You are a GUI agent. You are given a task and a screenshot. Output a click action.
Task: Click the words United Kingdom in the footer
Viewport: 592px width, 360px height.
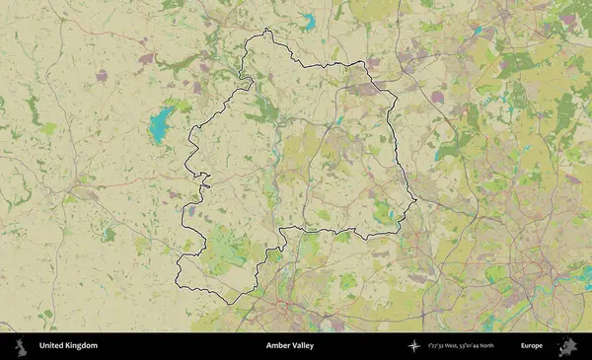[68, 346]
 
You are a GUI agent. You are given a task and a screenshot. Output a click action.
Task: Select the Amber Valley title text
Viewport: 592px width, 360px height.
[291, 346]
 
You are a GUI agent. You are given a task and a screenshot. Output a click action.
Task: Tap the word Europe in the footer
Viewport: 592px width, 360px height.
[532, 346]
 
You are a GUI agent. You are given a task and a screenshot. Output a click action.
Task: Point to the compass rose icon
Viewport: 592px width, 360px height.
[413, 346]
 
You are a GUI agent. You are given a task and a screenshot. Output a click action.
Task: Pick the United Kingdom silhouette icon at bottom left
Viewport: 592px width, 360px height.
[19, 346]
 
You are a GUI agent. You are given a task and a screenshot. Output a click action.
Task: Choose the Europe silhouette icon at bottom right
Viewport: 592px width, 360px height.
[567, 346]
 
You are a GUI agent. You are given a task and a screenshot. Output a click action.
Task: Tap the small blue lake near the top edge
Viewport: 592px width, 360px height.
[308, 20]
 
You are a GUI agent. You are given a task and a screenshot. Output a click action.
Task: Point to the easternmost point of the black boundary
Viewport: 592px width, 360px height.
[416, 202]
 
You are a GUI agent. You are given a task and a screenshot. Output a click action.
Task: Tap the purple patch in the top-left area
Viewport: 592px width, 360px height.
[101, 75]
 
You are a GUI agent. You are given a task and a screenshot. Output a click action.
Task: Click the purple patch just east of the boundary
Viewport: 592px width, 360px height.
[437, 98]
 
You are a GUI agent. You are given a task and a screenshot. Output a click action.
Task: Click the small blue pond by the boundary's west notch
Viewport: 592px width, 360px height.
[190, 210]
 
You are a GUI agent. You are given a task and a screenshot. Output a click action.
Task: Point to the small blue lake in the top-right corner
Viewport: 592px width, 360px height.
[478, 31]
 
